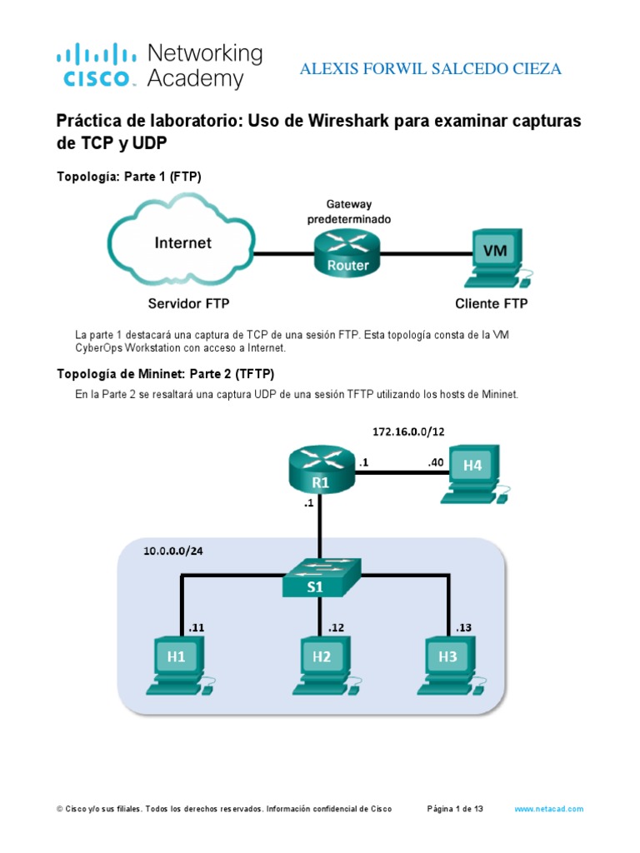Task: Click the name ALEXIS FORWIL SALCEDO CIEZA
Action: click(x=430, y=69)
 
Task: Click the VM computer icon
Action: click(x=496, y=254)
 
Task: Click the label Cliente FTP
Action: click(x=491, y=303)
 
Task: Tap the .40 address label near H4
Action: click(x=435, y=461)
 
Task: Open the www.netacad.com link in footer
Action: click(x=548, y=809)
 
